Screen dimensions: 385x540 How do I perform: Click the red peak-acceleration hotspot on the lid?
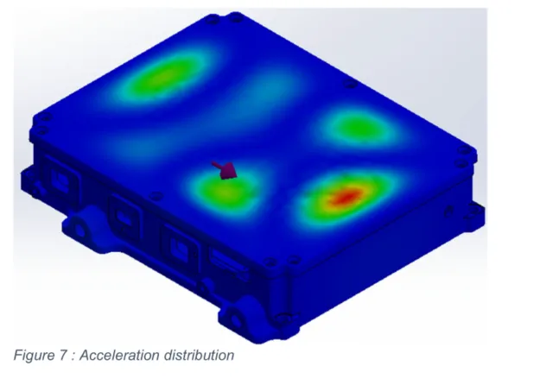(x=343, y=199)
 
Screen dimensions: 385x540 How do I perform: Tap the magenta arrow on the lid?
(x=226, y=169)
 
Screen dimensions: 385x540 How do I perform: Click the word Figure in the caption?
(x=34, y=354)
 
